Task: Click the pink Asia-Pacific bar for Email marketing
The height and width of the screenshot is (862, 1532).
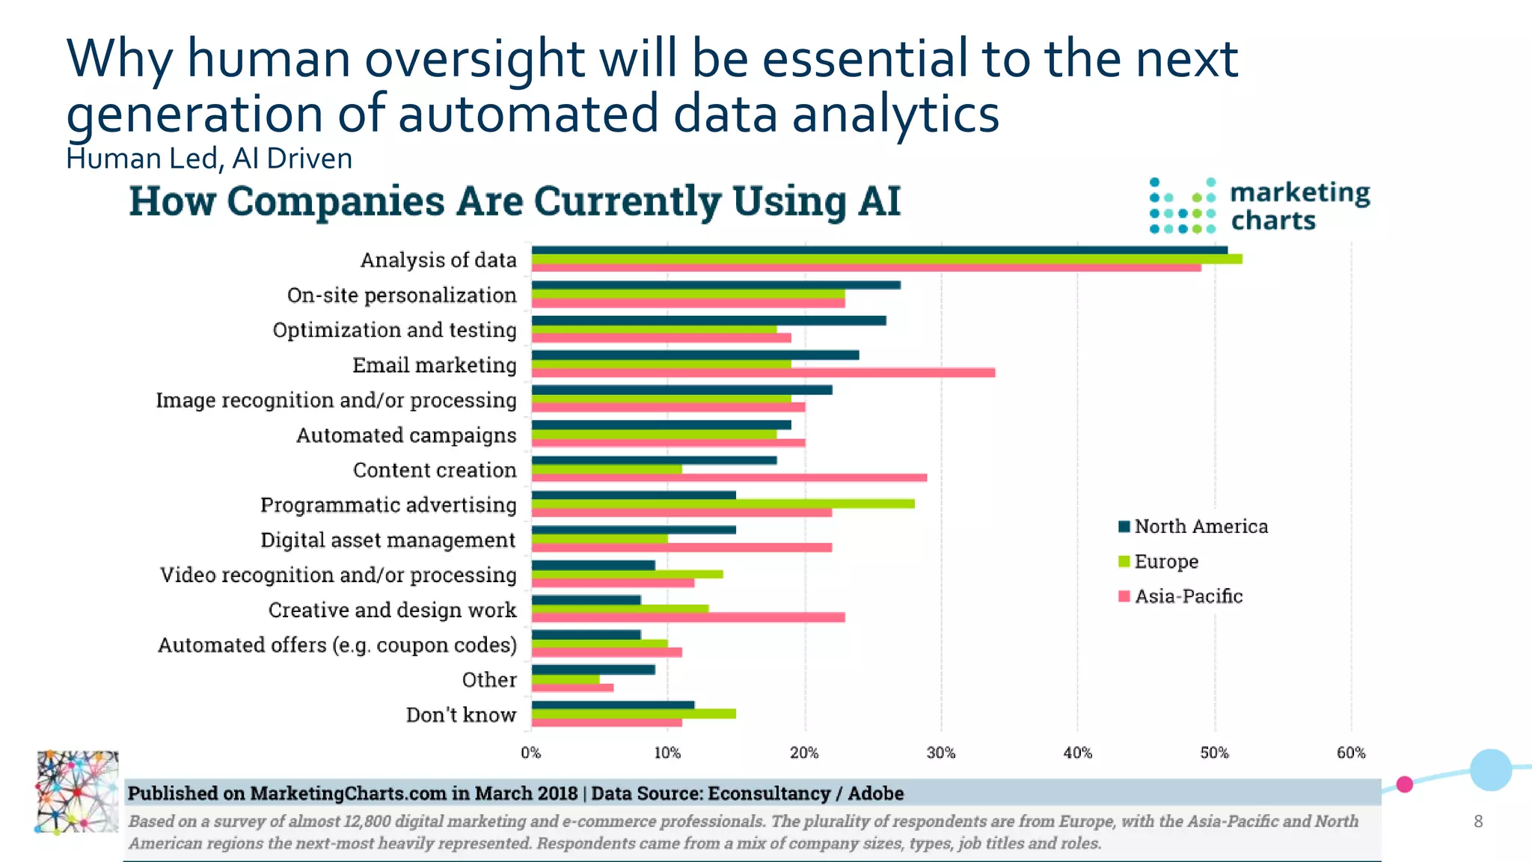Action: [763, 373]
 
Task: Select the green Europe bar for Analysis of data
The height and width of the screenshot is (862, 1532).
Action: [886, 259]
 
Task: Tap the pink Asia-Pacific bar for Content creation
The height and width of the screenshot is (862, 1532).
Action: [729, 477]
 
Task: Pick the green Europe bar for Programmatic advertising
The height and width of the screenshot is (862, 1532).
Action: [723, 504]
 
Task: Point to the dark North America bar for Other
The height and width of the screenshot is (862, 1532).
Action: [593, 670]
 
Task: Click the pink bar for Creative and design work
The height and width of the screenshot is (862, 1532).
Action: [688, 617]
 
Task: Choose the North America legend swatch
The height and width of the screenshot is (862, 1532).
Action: [1124, 527]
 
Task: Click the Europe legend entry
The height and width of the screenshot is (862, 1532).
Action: [1165, 561]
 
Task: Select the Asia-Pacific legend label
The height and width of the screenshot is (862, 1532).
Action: [1188, 596]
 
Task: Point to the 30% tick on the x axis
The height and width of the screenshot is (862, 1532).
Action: [941, 753]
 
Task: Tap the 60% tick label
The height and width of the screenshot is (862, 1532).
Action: [1351, 753]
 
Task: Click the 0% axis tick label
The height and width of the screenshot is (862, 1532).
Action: [531, 753]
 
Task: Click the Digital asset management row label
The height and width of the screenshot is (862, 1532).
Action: [387, 540]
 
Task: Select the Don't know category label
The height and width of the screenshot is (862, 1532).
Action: [461, 715]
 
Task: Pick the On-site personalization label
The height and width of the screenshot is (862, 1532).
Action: [402, 296]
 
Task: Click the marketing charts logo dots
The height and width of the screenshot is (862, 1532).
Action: [1182, 207]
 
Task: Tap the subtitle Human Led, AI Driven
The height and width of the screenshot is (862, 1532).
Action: [209, 159]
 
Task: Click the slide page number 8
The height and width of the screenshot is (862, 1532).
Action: [1478, 822]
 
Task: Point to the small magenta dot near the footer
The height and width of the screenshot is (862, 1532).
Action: [1405, 784]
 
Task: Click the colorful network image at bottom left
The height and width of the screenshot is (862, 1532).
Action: [77, 792]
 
